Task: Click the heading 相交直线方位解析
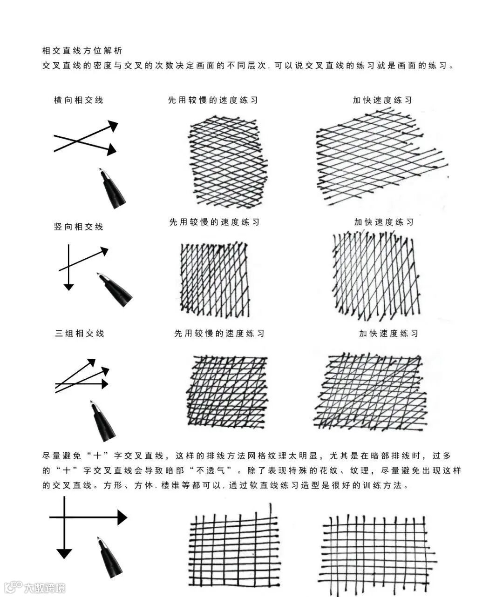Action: click(82, 50)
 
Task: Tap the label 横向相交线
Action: click(78, 100)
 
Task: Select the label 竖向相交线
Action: click(78, 227)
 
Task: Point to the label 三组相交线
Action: click(80, 334)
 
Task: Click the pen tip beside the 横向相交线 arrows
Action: click(103, 173)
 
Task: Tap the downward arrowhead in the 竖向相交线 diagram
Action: click(69, 287)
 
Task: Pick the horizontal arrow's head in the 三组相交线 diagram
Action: click(104, 384)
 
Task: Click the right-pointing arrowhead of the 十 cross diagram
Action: click(122, 517)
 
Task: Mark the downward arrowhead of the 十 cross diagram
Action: click(64, 553)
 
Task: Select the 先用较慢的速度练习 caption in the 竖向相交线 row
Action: click(214, 222)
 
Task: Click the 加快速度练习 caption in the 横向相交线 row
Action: click(382, 100)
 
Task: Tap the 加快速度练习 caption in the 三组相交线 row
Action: click(388, 334)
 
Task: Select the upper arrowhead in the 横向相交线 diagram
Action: click(113, 126)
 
